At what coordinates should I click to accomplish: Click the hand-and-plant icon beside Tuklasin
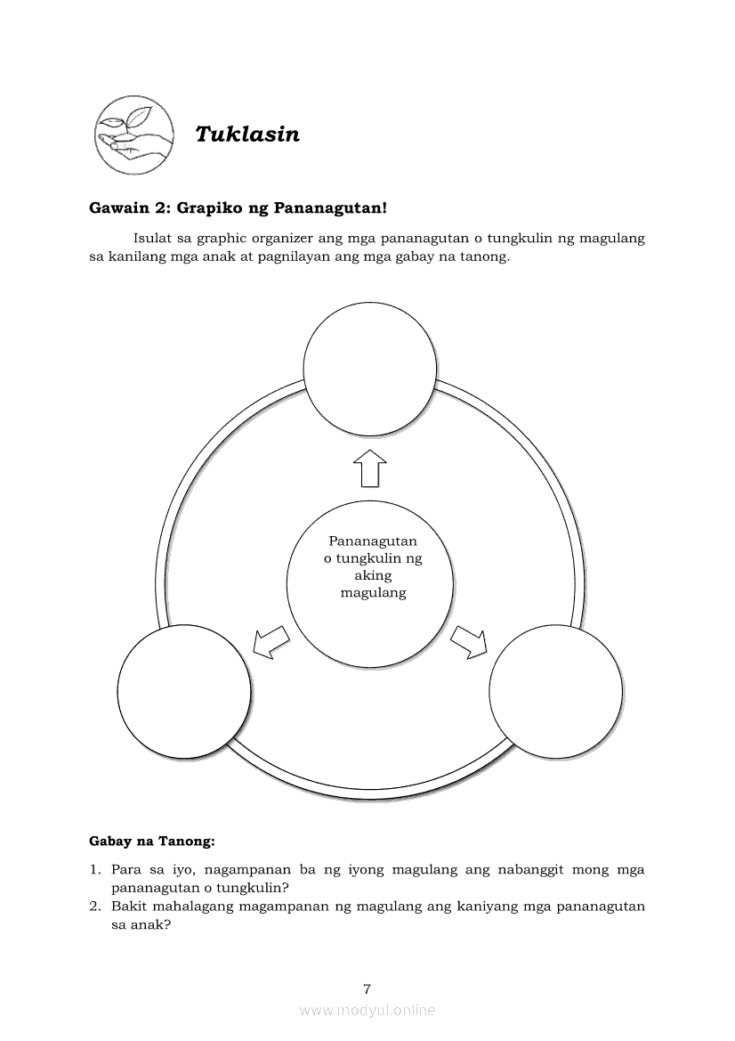[x=135, y=135]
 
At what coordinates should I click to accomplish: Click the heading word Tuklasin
[x=247, y=134]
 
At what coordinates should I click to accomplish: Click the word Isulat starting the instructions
[x=153, y=239]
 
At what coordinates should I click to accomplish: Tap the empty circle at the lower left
[x=184, y=694]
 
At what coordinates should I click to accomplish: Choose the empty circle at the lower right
[x=556, y=694]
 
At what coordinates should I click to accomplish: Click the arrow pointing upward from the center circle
[x=370, y=468]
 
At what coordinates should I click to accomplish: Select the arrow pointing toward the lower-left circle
[x=271, y=640]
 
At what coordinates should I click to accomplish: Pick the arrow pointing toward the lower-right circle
[x=470, y=640]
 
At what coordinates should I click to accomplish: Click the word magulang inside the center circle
[x=374, y=592]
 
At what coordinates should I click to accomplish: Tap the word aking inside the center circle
[x=374, y=575]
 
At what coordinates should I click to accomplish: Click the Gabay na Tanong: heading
[x=152, y=840]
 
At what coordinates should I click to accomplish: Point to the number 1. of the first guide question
[x=94, y=869]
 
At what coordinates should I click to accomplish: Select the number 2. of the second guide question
[x=94, y=907]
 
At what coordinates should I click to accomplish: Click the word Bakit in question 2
[x=130, y=907]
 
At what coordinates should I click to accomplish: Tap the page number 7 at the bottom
[x=367, y=988]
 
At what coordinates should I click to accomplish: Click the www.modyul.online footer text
[x=367, y=1010]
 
